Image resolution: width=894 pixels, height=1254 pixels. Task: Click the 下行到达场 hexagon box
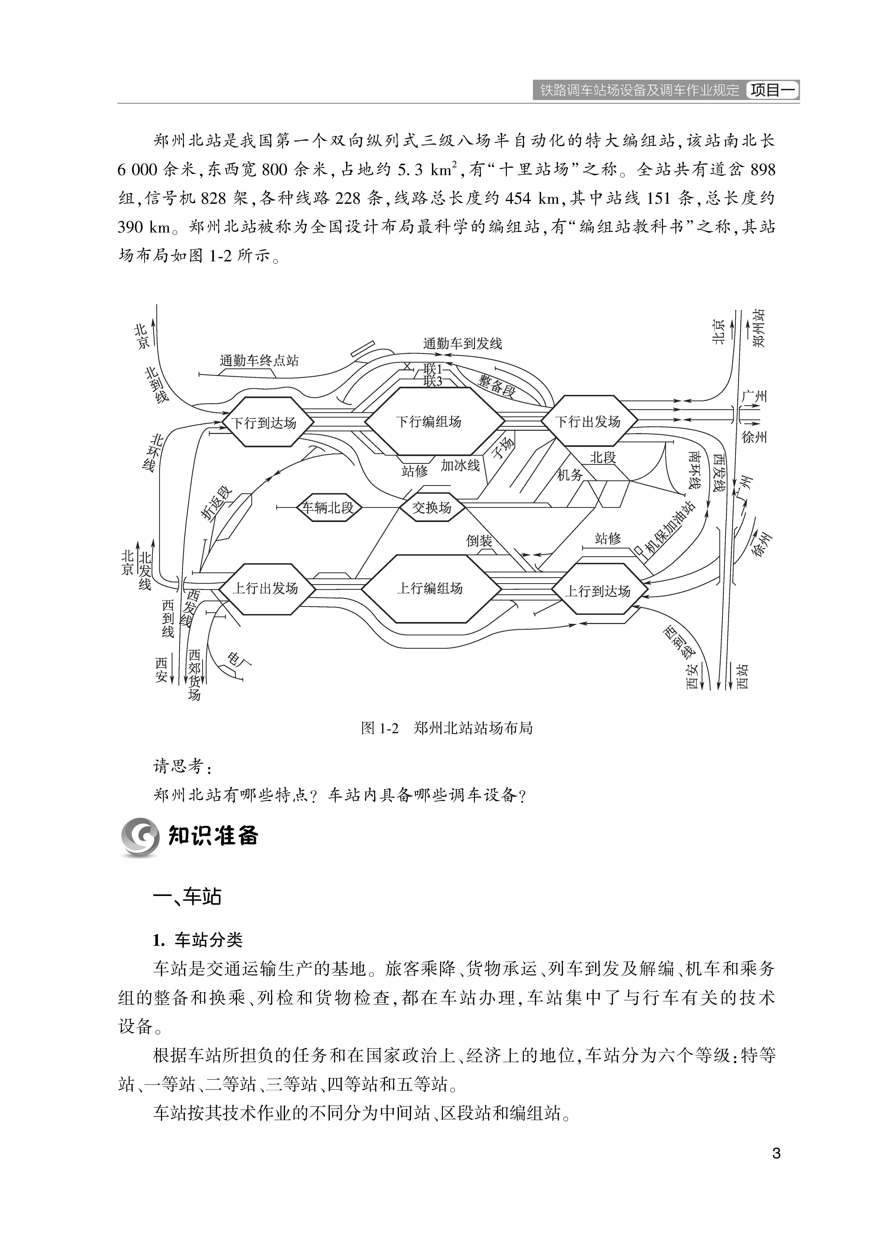pyautogui.click(x=264, y=422)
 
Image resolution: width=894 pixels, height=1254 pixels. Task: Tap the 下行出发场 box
pyautogui.click(x=588, y=422)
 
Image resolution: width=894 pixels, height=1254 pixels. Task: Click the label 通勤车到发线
pyautogui.click(x=462, y=344)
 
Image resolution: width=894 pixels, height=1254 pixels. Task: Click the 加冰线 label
pyautogui.click(x=460, y=465)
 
